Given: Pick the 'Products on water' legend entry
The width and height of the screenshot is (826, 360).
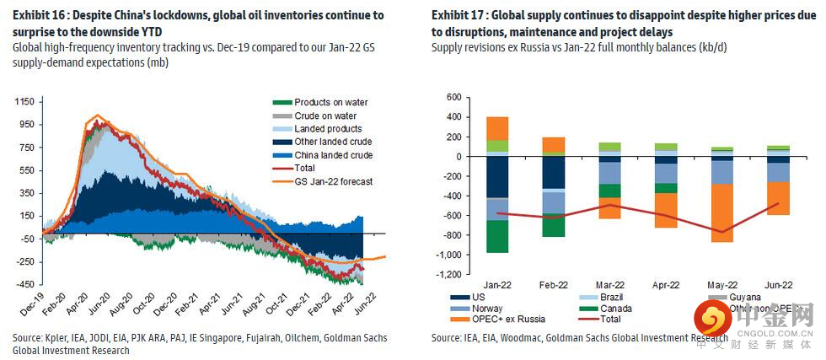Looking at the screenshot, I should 330,103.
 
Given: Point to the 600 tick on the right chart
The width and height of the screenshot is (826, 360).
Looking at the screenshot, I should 453,97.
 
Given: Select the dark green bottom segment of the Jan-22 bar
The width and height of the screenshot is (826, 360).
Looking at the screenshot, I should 497,236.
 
